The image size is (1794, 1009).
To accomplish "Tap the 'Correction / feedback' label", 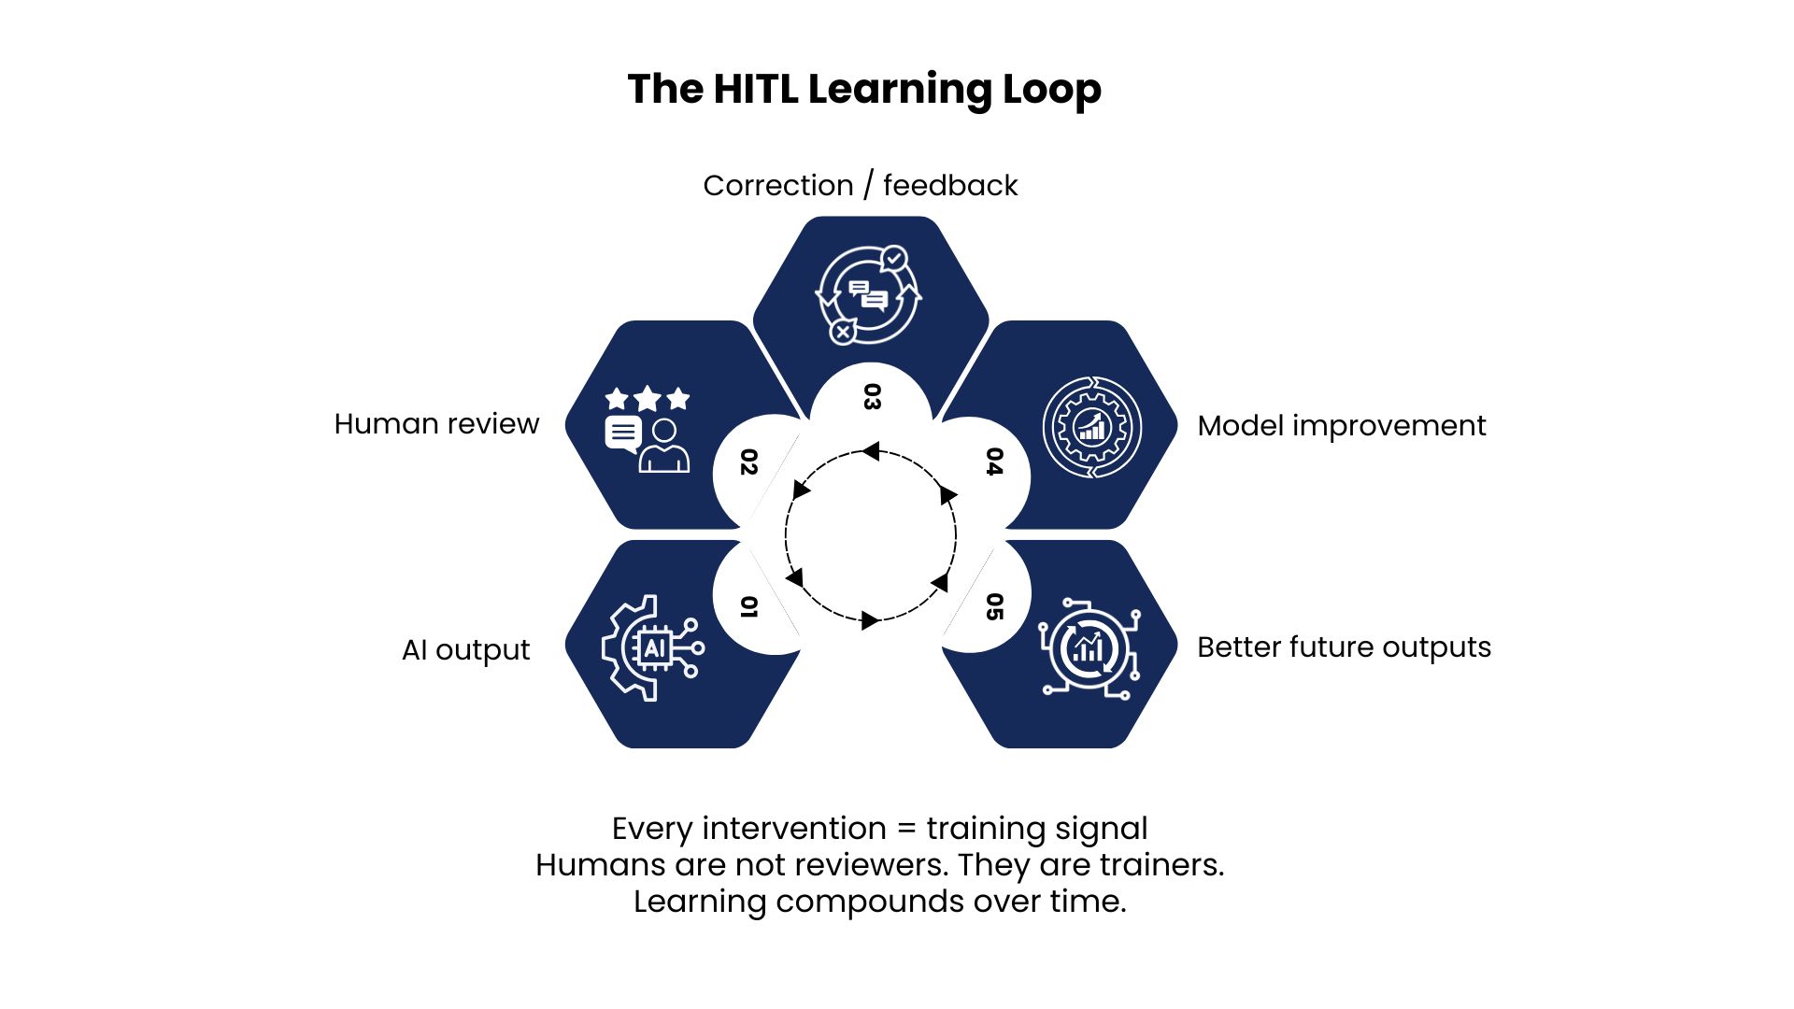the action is (x=861, y=186).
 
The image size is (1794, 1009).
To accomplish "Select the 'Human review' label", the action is (x=436, y=424).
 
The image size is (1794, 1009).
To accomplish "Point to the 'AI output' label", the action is (x=465, y=649).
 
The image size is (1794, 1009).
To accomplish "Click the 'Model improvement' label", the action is (x=1342, y=426).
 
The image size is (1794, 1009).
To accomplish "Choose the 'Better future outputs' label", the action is (x=1345, y=647).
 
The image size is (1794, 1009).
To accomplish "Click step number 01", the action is (x=747, y=607).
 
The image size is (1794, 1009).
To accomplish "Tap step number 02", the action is (x=748, y=462).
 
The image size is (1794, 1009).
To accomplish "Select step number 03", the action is (x=871, y=397).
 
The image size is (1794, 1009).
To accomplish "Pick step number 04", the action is (x=994, y=462).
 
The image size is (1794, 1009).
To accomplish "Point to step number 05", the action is (x=994, y=607).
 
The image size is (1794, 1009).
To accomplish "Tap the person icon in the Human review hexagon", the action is (x=664, y=446).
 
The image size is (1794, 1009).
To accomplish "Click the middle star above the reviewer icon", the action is (x=648, y=400).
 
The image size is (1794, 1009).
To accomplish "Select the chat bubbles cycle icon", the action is (x=868, y=295).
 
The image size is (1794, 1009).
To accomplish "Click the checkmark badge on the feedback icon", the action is (x=894, y=258).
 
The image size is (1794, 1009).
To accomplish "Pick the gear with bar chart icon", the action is (x=1091, y=427).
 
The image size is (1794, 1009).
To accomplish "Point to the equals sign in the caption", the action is (x=906, y=830).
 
